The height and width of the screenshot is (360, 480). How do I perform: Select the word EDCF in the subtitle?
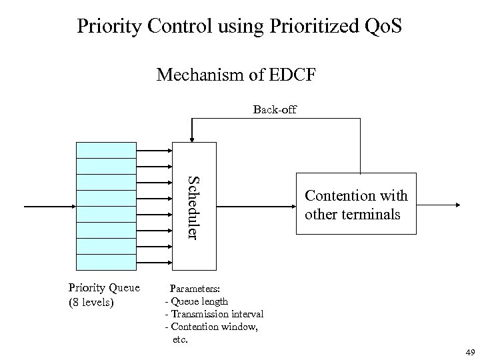click(291, 77)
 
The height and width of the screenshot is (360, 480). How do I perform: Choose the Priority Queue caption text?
click(104, 288)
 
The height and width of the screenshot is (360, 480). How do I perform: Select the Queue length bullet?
click(197, 301)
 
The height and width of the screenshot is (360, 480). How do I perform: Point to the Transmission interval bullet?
click(214, 314)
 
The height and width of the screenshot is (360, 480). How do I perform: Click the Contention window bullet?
click(211, 327)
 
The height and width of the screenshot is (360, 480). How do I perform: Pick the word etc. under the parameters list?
click(181, 339)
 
